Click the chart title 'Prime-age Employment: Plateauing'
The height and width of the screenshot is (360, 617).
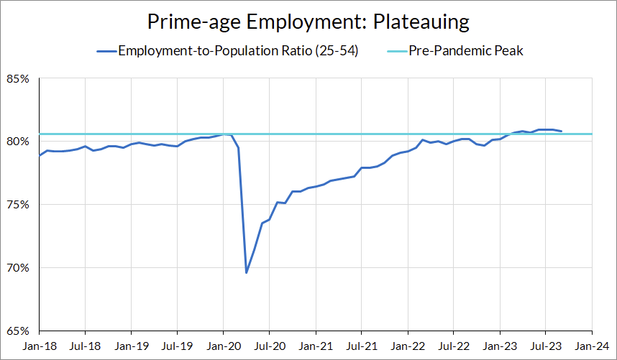coord(308,21)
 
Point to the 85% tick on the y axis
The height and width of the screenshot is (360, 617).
coord(19,78)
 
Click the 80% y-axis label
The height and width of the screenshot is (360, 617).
coord(19,141)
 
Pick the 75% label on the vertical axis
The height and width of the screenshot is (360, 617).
coord(19,204)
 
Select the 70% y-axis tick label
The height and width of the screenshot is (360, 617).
coord(19,267)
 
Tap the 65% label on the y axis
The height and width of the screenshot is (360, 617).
coord(19,331)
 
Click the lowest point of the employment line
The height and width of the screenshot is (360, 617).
coord(247,272)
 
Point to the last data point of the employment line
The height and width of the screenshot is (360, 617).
coord(561,131)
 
